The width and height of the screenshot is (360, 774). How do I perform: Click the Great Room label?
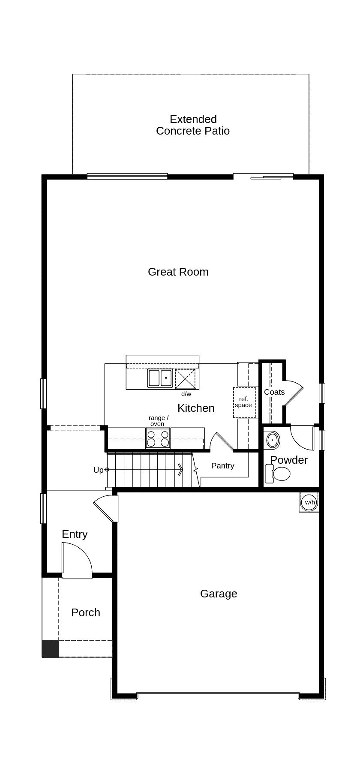point(178,272)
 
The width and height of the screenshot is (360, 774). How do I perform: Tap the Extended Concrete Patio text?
point(193,125)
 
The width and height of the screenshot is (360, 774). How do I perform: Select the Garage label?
point(219,594)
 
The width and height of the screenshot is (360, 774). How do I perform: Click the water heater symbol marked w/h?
point(309,502)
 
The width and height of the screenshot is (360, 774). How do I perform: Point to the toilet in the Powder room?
point(279,474)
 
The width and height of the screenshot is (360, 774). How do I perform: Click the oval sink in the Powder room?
point(273,440)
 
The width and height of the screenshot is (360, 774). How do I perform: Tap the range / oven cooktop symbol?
point(158,438)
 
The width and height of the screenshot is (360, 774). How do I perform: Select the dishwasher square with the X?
point(185,378)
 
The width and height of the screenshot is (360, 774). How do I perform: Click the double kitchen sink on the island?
point(160,378)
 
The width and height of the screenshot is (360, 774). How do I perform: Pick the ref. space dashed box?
point(244,402)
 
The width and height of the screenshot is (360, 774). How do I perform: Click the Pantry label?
point(223,466)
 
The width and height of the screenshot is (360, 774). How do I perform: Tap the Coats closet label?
point(274,392)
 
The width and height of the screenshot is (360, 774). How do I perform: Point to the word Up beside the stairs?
point(98,470)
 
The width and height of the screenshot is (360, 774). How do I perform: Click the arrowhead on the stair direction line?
point(181,470)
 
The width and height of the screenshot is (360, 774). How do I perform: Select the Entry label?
point(75,534)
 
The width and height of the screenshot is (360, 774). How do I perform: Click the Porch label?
point(86,612)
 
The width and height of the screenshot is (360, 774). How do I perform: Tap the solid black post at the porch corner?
point(50,648)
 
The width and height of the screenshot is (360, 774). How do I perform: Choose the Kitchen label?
point(196,408)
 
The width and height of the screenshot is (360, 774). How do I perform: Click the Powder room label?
point(289,460)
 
